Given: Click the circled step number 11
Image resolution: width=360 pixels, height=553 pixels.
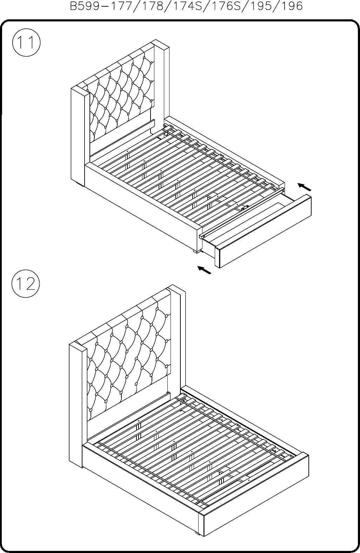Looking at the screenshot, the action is (x=26, y=43).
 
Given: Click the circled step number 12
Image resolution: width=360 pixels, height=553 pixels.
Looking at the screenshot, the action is (x=26, y=284).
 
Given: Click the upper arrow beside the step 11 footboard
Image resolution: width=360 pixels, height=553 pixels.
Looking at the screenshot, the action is (x=305, y=187).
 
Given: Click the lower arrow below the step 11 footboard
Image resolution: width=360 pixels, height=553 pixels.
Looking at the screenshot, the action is (x=204, y=270).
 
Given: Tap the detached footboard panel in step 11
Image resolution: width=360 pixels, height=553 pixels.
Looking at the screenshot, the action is (x=263, y=231).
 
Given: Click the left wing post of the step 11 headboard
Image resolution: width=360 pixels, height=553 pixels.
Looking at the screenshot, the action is (x=80, y=137).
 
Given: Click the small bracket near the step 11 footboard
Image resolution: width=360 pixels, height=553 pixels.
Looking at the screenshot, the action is (x=245, y=208).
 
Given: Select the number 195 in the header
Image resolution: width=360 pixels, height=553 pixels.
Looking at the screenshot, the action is (x=263, y=6).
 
